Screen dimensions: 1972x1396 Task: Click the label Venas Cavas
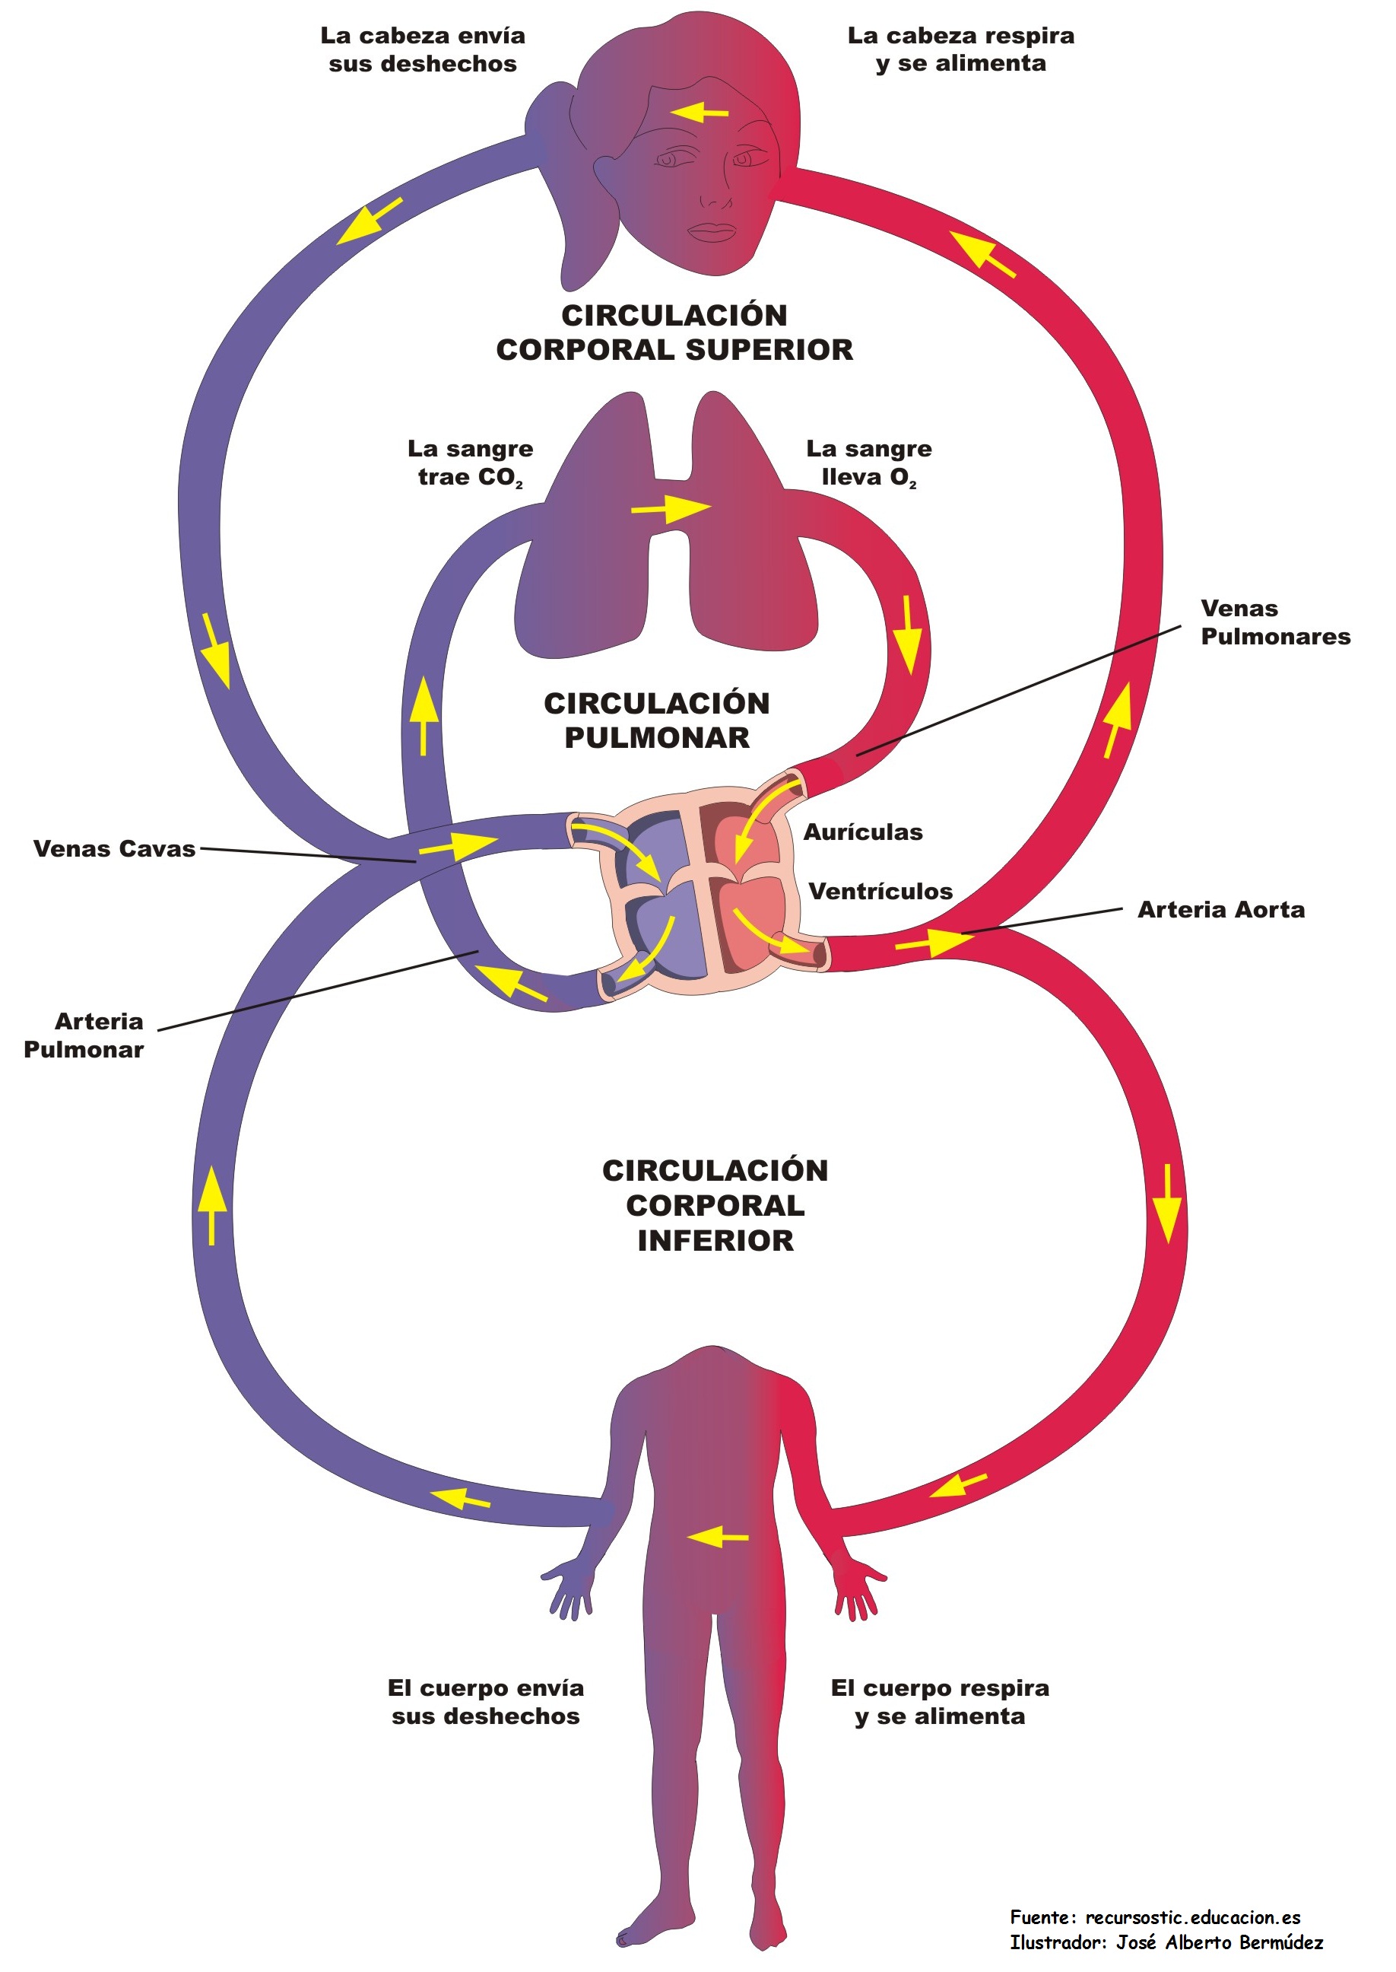coord(114,849)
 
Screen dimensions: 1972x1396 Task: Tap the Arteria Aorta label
coord(1220,910)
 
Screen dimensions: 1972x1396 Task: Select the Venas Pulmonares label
coord(1275,622)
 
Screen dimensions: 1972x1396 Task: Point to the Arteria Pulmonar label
coord(84,1035)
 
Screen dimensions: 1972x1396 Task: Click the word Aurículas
coord(863,832)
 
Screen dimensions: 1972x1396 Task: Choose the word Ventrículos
coord(880,892)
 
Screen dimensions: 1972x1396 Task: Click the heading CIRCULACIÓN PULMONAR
coord(657,720)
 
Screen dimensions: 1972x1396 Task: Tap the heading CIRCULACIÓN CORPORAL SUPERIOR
coord(674,332)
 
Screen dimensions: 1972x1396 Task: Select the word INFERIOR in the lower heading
coord(715,1241)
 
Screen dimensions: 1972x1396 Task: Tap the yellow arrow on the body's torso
coord(718,1536)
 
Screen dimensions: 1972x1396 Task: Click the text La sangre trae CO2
coord(470,463)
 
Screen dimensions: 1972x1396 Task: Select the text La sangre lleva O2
coord(868,463)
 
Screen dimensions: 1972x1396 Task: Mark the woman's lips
coord(712,231)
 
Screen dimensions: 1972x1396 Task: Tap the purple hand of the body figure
coord(569,1589)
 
